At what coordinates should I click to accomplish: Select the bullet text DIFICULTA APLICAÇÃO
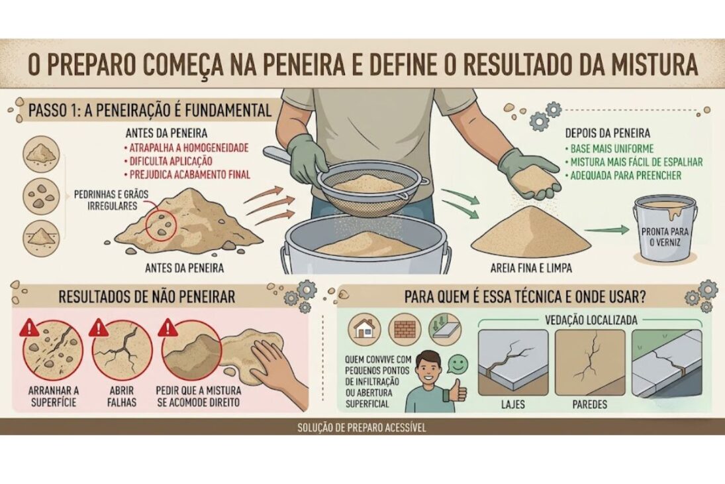click(171, 161)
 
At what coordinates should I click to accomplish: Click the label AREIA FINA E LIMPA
click(531, 268)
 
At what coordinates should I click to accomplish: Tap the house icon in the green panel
click(364, 330)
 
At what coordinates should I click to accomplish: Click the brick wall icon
click(405, 330)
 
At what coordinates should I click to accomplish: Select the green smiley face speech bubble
click(458, 364)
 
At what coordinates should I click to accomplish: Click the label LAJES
click(512, 404)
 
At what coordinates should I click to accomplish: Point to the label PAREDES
click(589, 404)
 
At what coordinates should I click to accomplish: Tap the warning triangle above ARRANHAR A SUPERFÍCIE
click(29, 328)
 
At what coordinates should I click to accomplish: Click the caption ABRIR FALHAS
click(122, 396)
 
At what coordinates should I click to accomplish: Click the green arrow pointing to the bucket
click(606, 229)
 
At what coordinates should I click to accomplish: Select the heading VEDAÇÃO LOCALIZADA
click(591, 320)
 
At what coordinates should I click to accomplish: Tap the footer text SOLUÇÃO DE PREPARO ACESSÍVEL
click(362, 427)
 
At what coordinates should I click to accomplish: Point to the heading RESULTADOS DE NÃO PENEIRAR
click(146, 297)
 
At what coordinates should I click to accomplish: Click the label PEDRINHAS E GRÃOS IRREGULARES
click(111, 200)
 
